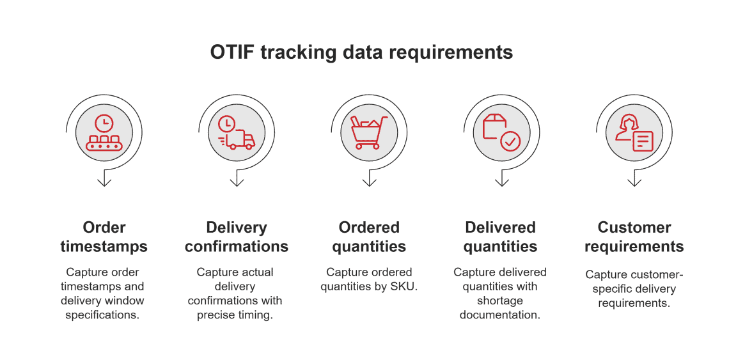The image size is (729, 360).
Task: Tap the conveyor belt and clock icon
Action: pyautogui.click(x=104, y=132)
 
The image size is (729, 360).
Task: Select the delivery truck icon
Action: pyautogui.click(x=237, y=132)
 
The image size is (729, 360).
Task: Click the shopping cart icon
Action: pyautogui.click(x=369, y=132)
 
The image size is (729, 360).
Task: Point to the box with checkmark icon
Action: pyautogui.click(x=501, y=132)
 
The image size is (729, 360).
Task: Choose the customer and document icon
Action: pyautogui.click(x=634, y=132)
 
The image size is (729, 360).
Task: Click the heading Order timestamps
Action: pyautogui.click(x=104, y=237)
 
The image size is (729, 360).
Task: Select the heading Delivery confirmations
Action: pyautogui.click(x=237, y=237)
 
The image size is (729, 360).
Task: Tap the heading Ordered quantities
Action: pyautogui.click(x=369, y=237)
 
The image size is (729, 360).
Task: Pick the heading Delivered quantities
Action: pyautogui.click(x=501, y=237)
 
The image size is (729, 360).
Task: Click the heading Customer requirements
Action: pyautogui.click(x=634, y=237)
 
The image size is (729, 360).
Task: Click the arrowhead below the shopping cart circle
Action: pyautogui.click(x=369, y=182)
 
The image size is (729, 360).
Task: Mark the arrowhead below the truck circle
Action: pyautogui.click(x=237, y=182)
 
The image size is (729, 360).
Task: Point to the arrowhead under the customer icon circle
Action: pyautogui.click(x=634, y=182)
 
